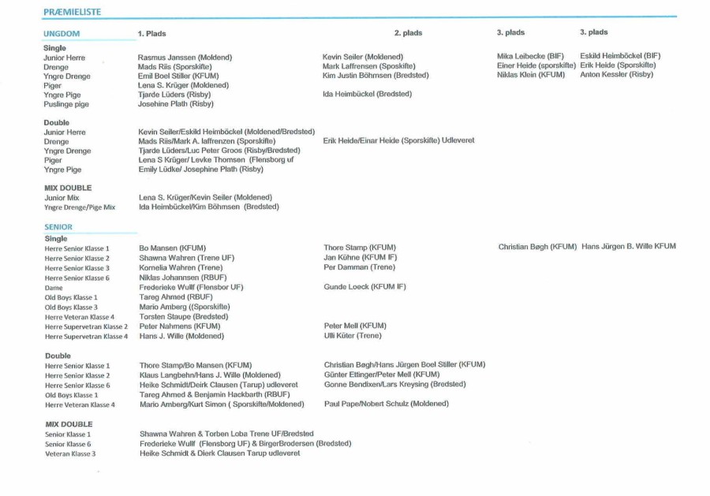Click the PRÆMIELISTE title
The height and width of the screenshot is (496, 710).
pyautogui.click(x=72, y=12)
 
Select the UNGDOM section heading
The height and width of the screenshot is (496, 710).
pyautogui.click(x=62, y=34)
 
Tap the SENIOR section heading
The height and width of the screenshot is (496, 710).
pyautogui.click(x=58, y=226)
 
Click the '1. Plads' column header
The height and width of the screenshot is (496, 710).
pyautogui.click(x=152, y=34)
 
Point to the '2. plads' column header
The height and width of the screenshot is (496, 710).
pyautogui.click(x=408, y=33)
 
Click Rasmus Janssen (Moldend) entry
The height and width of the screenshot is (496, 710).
pyautogui.click(x=185, y=58)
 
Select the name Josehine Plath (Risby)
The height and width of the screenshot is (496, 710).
pyautogui.click(x=175, y=104)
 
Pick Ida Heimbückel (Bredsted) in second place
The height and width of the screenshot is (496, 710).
pyautogui.click(x=367, y=95)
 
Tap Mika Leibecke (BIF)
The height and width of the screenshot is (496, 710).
pyautogui.click(x=530, y=56)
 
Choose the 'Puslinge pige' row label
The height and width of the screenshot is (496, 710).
pyautogui.click(x=66, y=104)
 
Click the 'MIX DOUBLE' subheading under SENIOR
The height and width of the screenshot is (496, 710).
pyautogui.click(x=69, y=424)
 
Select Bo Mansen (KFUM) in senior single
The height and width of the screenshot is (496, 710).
pyautogui.click(x=172, y=248)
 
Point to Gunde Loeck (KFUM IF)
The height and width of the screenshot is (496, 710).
pyautogui.click(x=364, y=287)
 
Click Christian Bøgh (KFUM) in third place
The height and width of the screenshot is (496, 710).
pyautogui.click(x=537, y=247)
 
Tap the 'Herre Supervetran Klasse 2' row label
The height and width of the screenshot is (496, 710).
pyautogui.click(x=86, y=326)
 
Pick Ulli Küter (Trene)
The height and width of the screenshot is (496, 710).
pyautogui.click(x=353, y=336)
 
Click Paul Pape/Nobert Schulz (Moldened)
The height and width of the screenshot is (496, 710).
pyautogui.click(x=386, y=404)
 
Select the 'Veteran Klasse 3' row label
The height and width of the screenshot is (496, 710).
pyautogui.click(x=70, y=454)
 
